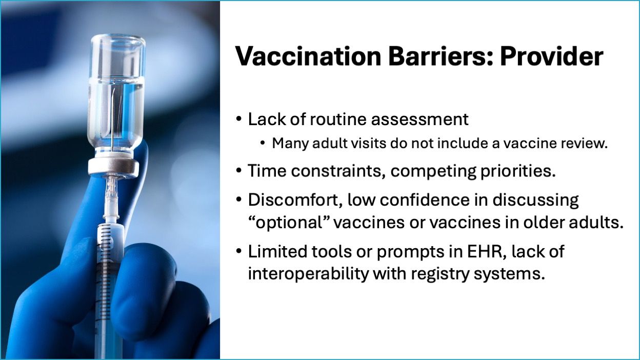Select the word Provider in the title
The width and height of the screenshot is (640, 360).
coord(552,56)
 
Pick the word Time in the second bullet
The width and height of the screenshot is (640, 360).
coord(267,171)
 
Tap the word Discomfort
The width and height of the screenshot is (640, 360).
coord(295,200)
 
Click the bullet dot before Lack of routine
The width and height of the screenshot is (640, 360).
coord(239,118)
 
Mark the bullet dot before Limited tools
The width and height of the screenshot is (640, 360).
coord(239,251)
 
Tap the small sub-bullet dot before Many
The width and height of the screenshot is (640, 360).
coord(263,143)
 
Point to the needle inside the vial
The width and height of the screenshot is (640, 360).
coord(113,120)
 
